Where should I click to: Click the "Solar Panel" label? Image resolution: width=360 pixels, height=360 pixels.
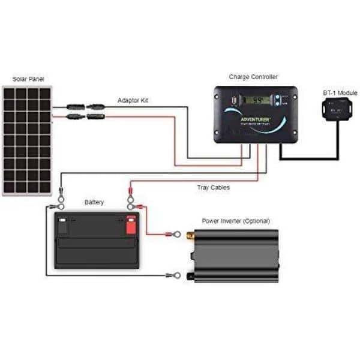(x=28, y=79)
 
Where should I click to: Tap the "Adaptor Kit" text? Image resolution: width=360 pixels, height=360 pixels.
(x=133, y=100)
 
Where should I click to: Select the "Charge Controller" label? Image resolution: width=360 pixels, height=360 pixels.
(x=253, y=77)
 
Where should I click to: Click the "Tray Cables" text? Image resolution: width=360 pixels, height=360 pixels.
(x=213, y=187)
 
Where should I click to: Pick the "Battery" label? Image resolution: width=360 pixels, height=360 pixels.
(x=94, y=202)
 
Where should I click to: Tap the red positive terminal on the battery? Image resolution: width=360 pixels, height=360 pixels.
(x=130, y=226)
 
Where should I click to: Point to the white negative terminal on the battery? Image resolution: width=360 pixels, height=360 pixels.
(x=62, y=226)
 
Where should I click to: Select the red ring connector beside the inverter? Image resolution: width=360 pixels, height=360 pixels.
(x=176, y=232)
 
